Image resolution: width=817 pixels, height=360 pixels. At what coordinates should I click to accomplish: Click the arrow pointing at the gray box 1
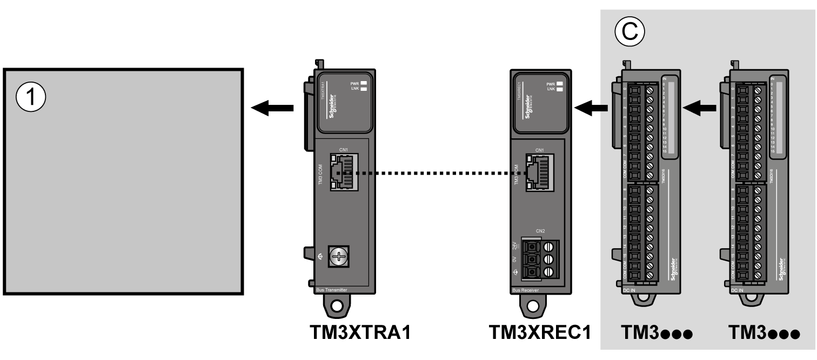tap(273, 109)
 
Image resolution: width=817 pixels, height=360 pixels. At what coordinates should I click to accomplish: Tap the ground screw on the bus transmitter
tap(339, 257)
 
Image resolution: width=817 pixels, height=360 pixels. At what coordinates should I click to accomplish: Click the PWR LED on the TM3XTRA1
tap(364, 83)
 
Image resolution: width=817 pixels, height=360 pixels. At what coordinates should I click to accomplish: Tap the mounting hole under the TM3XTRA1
tap(338, 306)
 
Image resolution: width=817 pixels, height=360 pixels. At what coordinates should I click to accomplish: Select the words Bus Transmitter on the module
tap(331, 290)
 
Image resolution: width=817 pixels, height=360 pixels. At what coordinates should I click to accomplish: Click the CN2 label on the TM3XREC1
tap(540, 231)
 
